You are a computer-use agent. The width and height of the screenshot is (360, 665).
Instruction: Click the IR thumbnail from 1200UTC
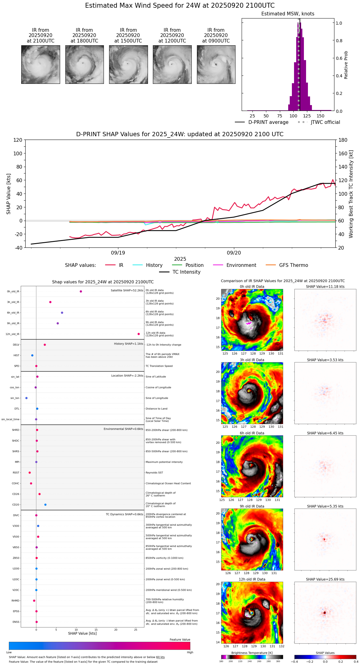tap(172, 64)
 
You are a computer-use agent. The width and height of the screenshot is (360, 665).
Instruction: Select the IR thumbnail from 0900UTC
tap(216, 64)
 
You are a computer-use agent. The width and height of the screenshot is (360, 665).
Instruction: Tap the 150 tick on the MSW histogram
tap(321, 116)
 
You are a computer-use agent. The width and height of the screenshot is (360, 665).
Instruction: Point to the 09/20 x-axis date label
tap(234, 253)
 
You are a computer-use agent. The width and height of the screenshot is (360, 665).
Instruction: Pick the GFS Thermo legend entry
tap(293, 265)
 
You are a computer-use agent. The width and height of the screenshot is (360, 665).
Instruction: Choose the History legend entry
tap(154, 265)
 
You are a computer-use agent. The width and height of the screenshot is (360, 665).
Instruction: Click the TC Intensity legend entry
tap(186, 272)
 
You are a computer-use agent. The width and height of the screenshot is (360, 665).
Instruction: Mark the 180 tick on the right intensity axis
tap(343, 140)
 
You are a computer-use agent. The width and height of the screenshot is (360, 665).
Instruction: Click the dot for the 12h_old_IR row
tap(139, 334)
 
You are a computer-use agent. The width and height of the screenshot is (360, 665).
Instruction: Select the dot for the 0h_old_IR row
tap(81, 292)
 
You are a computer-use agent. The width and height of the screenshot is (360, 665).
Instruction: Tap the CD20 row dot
tap(45, 505)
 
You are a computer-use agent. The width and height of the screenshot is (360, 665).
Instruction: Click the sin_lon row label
tap(15, 398)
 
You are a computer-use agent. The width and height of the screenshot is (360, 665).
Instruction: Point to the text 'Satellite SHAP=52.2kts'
tap(127, 291)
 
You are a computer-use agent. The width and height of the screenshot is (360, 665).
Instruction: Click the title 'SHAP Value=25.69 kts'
tap(325, 579)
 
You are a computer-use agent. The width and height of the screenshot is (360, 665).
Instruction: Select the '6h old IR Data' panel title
tap(252, 433)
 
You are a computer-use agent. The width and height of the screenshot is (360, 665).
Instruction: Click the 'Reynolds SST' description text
tap(154, 473)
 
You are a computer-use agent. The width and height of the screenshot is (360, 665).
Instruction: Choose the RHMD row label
tap(15, 601)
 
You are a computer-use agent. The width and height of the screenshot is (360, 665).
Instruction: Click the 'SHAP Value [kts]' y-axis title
tap(9, 194)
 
